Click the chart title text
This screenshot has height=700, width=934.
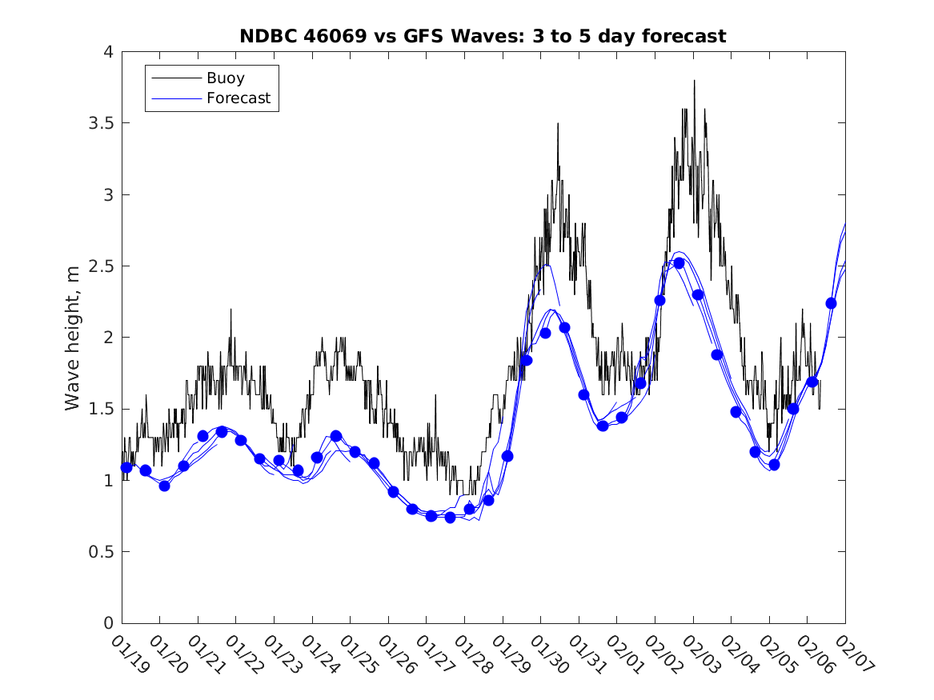(483, 37)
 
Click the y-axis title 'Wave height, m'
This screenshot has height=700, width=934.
(73, 337)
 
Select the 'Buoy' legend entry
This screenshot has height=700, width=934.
(225, 78)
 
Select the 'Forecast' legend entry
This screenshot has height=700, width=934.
(238, 99)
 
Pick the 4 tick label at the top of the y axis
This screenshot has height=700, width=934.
(108, 52)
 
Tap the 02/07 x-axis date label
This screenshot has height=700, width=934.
(852, 654)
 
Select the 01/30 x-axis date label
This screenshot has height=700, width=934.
(547, 654)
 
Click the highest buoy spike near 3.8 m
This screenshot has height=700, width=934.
(694, 81)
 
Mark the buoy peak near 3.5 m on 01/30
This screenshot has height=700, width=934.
(558, 124)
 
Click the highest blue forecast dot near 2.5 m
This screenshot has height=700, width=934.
(679, 263)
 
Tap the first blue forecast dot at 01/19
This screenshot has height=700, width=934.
(126, 467)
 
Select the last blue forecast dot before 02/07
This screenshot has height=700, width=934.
(831, 303)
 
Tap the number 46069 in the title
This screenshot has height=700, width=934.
(327, 37)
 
